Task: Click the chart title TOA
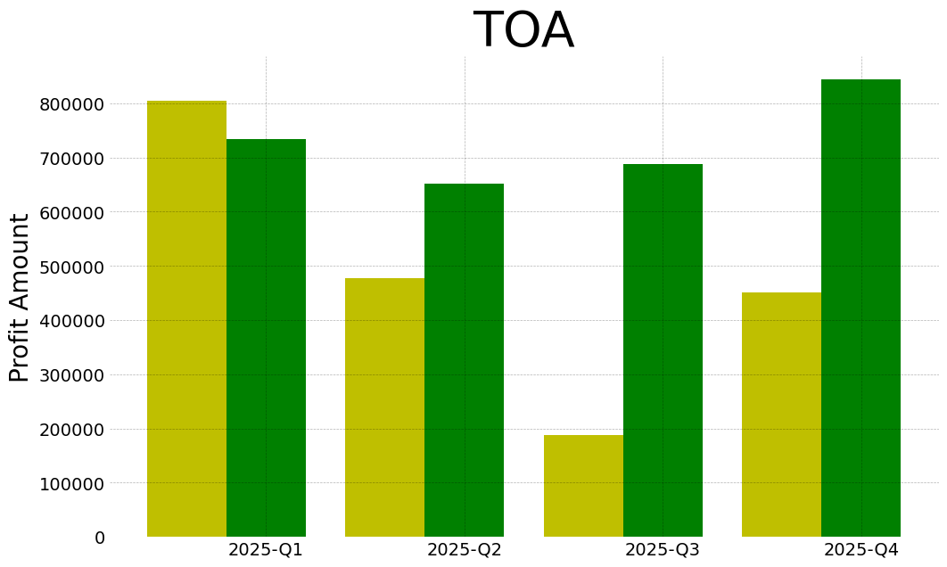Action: point(523,31)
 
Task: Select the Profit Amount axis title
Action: point(20,297)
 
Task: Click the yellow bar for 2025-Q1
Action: point(186,319)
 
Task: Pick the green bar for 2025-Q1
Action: point(266,338)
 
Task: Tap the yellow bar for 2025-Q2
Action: point(384,407)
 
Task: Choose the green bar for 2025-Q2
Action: point(464,360)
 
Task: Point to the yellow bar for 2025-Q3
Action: point(583,486)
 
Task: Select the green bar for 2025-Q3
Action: point(663,350)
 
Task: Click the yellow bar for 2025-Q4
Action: point(781,415)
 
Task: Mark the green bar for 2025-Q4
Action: point(861,308)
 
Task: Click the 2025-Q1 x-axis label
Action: point(266,550)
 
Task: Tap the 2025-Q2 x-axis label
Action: point(464,550)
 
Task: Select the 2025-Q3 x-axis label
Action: point(663,550)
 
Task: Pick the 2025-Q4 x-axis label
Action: point(861,550)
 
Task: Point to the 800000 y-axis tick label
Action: point(71,104)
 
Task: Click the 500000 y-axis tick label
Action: point(71,267)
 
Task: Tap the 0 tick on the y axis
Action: point(100,538)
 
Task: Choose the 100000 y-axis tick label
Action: point(71,483)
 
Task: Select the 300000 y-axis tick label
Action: point(71,375)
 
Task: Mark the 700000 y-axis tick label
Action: point(71,159)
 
